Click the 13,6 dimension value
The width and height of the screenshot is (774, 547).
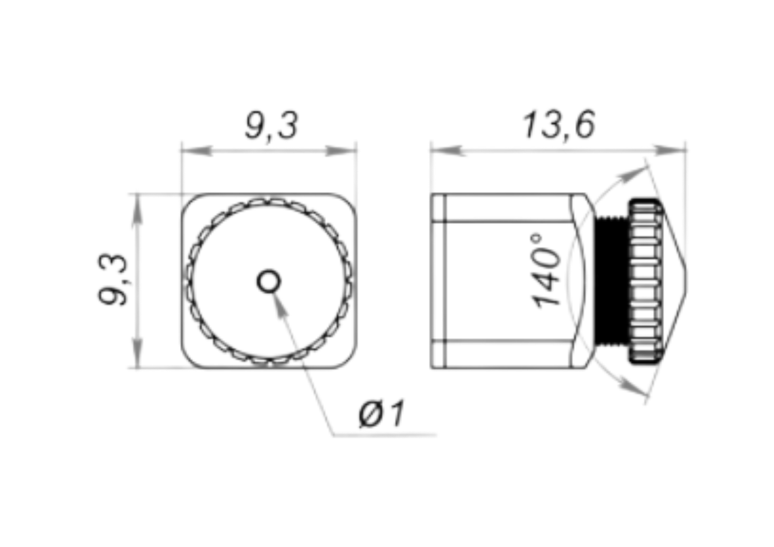coord(558,125)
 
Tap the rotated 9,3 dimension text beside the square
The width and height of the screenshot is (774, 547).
coord(113,280)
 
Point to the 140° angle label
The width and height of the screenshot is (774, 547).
coord(546,271)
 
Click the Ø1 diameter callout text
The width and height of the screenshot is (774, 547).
coord(382,414)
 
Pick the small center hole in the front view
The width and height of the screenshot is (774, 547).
coord(269,282)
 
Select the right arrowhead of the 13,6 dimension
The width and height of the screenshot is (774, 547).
coord(670,150)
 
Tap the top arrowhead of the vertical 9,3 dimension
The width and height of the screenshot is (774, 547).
coord(137,209)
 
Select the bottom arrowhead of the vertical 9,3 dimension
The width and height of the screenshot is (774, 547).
coord(137,353)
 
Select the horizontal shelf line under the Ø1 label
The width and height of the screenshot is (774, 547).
coord(385,436)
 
